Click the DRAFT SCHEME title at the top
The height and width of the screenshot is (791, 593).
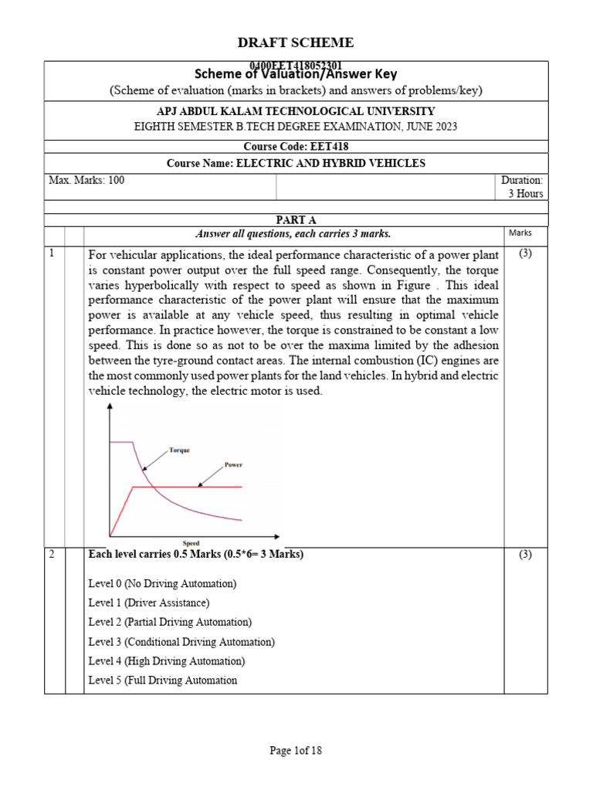[x=296, y=42]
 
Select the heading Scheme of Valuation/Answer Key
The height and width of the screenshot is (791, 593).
[x=296, y=74]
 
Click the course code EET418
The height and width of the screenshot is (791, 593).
[x=296, y=146]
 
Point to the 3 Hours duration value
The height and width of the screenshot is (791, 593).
[x=525, y=194]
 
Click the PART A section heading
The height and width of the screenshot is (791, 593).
[x=296, y=220]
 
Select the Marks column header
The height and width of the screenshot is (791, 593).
[x=521, y=233]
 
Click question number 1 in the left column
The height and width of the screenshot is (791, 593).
[x=52, y=253]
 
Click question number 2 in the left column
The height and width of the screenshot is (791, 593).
[x=52, y=555]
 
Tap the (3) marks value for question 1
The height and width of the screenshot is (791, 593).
[x=525, y=253]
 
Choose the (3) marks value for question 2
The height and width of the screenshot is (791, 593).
[x=525, y=555]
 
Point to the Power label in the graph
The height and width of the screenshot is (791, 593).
[x=233, y=465]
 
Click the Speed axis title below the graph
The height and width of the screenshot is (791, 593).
[x=191, y=544]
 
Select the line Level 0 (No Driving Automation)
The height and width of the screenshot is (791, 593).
[x=162, y=583]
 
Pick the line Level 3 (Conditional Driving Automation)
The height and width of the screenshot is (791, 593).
[x=181, y=642]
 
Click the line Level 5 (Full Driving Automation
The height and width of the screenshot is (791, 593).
[x=163, y=681]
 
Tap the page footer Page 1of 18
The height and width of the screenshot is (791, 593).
[x=296, y=750]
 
